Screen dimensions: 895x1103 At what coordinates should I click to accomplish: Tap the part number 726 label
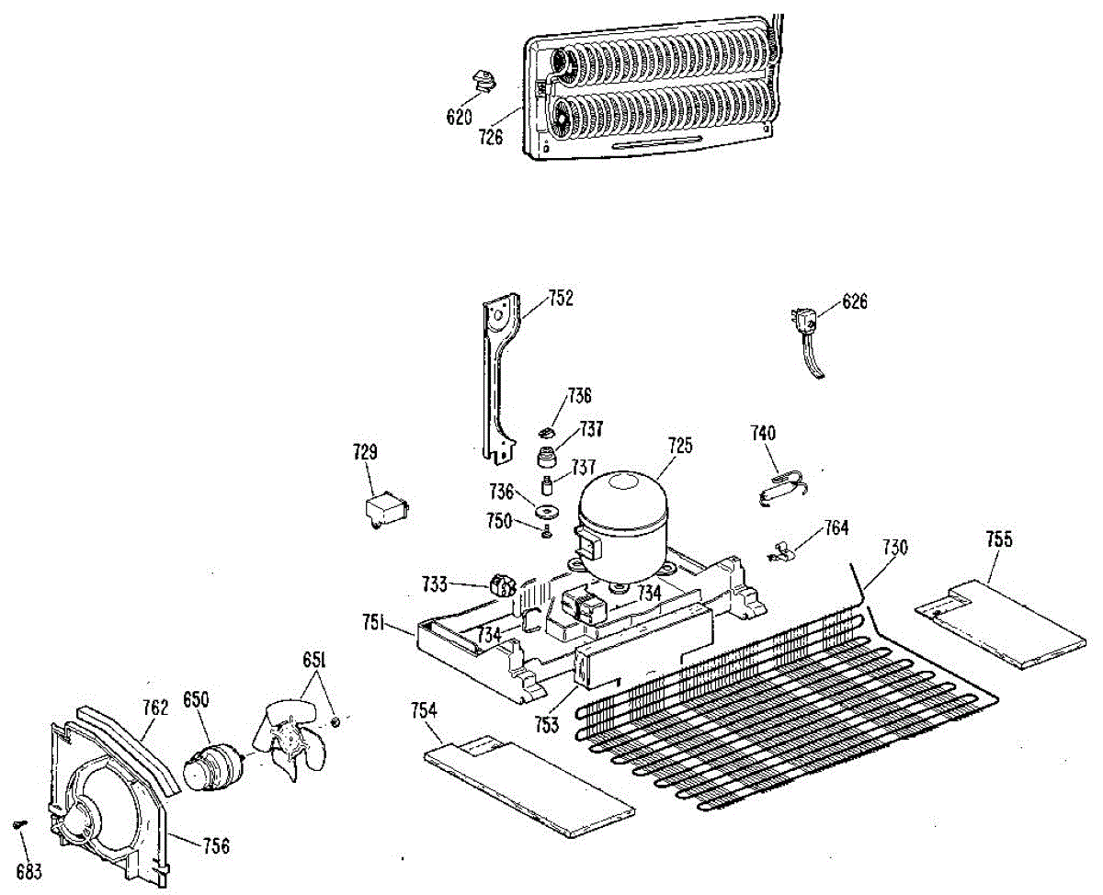[491, 138]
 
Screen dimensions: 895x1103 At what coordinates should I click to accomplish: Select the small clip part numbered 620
[484, 83]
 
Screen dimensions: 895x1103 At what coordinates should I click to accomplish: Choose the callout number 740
[764, 433]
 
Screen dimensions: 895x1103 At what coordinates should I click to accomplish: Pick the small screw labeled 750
[547, 530]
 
